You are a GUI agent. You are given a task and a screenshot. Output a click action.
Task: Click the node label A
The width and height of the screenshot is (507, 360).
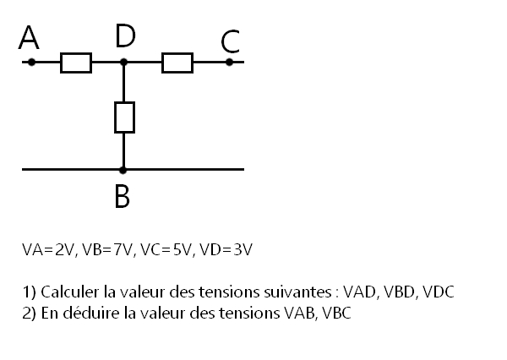click(30, 38)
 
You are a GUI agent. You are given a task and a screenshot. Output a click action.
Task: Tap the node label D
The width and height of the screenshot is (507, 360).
click(125, 36)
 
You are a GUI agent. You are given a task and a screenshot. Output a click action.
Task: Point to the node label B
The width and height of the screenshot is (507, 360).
click(123, 195)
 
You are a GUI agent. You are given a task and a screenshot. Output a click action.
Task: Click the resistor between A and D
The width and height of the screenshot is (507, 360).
click(76, 63)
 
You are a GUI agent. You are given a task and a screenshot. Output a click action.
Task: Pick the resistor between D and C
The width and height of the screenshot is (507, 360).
click(177, 63)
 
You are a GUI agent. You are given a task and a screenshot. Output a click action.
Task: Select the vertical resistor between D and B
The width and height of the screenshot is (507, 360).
click(124, 117)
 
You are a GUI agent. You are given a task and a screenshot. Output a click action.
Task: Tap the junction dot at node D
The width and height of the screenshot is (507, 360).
click(124, 63)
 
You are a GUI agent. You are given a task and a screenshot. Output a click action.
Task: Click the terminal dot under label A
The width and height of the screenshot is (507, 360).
click(31, 63)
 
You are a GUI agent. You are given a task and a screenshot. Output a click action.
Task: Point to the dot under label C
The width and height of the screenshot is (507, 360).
click(229, 63)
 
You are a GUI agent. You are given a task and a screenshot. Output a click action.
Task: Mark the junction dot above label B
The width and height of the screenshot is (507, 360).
click(123, 170)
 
